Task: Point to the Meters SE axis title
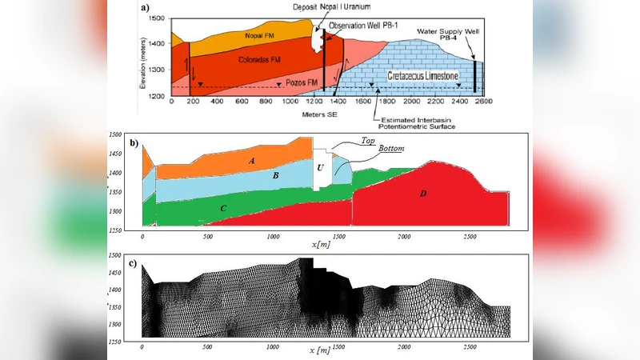[319, 114]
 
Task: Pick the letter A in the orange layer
[253, 160]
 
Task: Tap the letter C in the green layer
[224, 207]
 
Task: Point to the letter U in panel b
[320, 167]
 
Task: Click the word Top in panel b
[369, 140]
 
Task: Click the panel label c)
[133, 264]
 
